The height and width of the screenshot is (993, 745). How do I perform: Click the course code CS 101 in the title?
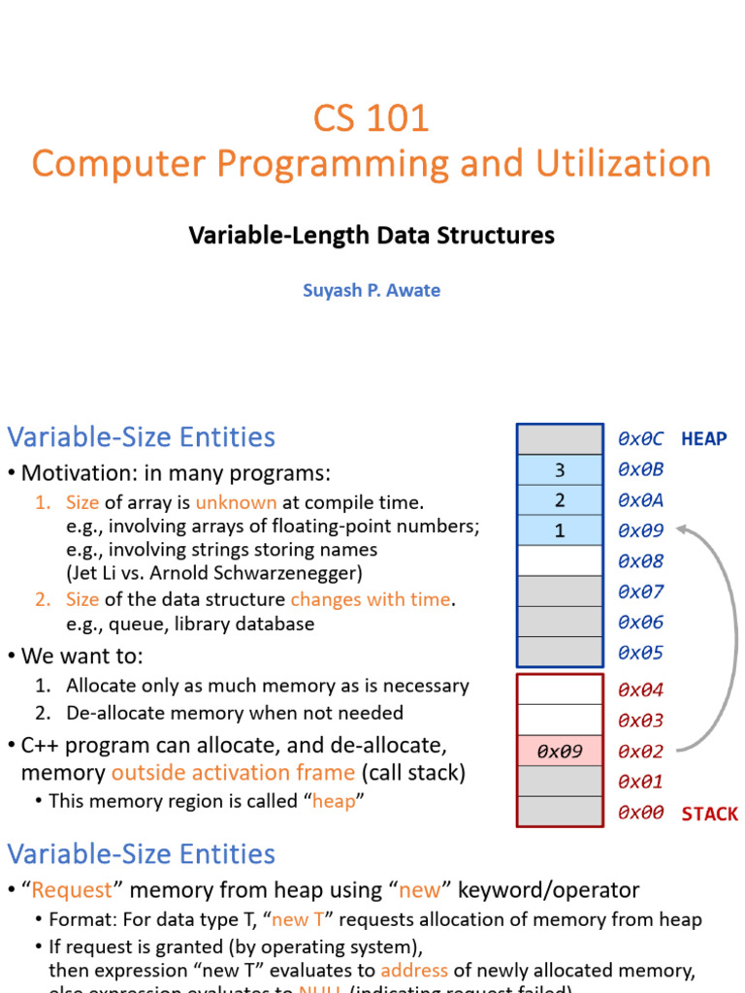coord(371,118)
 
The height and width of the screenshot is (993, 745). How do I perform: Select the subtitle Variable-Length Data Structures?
coord(372,235)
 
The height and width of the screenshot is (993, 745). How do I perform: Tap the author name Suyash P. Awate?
coord(372,290)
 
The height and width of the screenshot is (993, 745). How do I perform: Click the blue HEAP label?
coord(703,439)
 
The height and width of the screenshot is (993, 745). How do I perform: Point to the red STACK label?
coord(709,814)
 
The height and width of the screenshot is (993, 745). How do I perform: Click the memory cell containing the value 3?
coord(560,470)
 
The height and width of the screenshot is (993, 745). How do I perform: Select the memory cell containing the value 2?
coord(560,500)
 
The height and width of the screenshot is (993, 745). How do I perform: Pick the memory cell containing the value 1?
coord(560,530)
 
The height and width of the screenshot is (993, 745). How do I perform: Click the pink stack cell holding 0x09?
coord(560,752)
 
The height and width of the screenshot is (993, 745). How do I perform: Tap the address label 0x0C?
coord(640,439)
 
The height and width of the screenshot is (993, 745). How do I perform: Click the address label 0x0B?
coord(640,470)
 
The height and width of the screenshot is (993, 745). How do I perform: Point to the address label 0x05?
coord(640,653)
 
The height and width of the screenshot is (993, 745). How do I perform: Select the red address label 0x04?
coord(640,690)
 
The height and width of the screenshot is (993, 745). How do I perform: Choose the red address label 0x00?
coord(640,813)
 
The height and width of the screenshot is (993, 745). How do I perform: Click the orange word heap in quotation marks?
coord(334,802)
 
